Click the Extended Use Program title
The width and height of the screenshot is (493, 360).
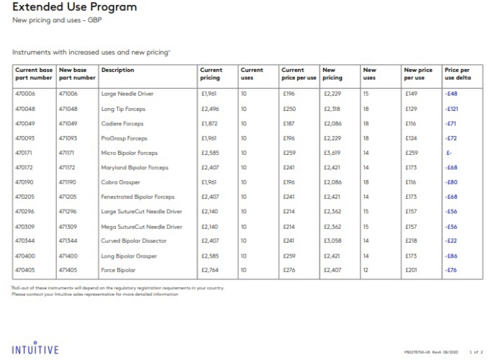click(74, 7)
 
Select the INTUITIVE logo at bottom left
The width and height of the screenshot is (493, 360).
click(35, 349)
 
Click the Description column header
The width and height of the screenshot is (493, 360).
click(118, 71)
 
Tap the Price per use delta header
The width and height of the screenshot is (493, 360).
click(458, 74)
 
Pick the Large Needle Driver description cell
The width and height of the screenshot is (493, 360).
click(127, 94)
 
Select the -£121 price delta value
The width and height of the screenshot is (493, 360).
click(453, 109)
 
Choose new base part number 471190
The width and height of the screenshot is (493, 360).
click(67, 182)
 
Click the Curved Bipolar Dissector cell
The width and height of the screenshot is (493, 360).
click(132, 240)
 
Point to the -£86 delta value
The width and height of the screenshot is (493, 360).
click(451, 256)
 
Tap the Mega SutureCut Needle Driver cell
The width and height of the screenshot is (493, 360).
click(142, 226)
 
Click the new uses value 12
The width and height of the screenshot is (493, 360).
click(366, 270)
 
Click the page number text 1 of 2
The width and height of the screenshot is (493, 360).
click(476, 352)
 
